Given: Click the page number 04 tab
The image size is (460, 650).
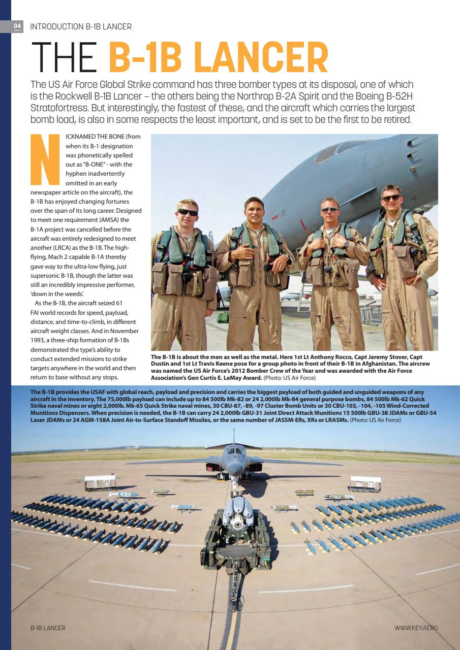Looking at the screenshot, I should [17, 26].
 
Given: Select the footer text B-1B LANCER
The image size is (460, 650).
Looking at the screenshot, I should [48, 628].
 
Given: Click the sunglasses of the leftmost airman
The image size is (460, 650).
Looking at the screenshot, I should [188, 212].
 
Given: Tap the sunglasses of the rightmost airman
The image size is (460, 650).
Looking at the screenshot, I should [391, 198].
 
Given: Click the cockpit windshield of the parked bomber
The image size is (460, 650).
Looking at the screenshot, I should [234, 450].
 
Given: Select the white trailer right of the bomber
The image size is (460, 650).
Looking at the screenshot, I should [365, 483].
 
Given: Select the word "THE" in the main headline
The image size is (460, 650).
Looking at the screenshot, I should [65, 59].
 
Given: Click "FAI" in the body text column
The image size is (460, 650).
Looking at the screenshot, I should [37, 312].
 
